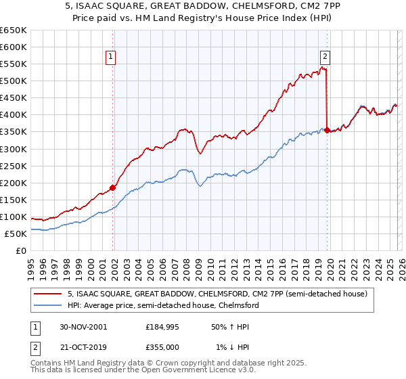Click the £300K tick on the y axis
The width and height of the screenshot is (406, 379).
coord(15,149)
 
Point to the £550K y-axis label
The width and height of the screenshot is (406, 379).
coord(15,64)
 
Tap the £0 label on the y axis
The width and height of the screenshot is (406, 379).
coord(20,251)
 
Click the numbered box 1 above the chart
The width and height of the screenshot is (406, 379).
coord(110,57)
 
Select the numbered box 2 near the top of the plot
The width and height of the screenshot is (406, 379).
coord(325,57)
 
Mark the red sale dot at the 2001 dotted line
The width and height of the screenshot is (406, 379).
coord(113,188)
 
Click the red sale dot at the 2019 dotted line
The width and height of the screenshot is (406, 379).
coord(327,130)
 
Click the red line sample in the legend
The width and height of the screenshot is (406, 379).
coord(48,294)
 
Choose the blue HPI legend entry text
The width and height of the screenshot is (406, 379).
coord(162,306)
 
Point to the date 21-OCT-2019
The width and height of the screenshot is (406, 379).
coord(85,347)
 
